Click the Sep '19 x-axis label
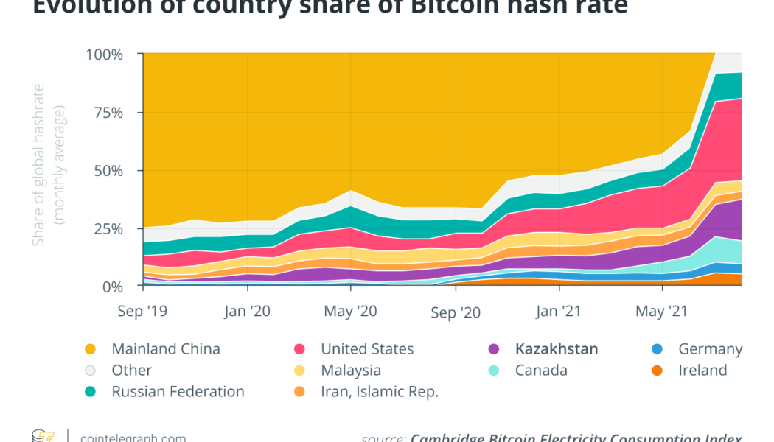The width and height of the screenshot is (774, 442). (143, 312)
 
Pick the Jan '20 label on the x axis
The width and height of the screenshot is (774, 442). (248, 312)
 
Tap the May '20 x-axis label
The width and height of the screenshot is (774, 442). (351, 312)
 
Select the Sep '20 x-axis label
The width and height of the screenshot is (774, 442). (456, 312)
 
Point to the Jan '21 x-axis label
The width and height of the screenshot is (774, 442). (559, 312)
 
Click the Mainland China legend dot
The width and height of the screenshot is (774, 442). (90, 349)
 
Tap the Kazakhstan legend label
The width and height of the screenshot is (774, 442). (557, 349)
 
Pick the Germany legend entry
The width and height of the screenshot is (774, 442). (710, 349)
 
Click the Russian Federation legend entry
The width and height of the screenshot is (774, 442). (178, 392)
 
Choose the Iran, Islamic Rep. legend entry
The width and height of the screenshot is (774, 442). (380, 392)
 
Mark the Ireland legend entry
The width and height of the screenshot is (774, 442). (702, 371)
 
